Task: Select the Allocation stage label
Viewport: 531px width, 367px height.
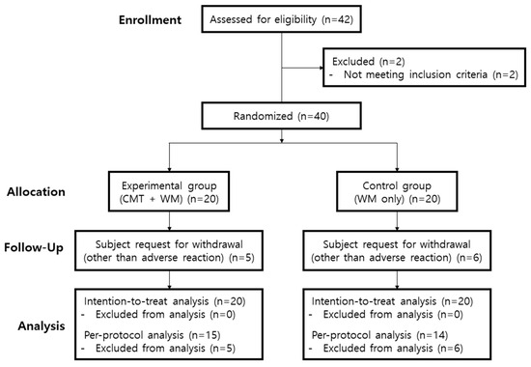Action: (x=151, y=192)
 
